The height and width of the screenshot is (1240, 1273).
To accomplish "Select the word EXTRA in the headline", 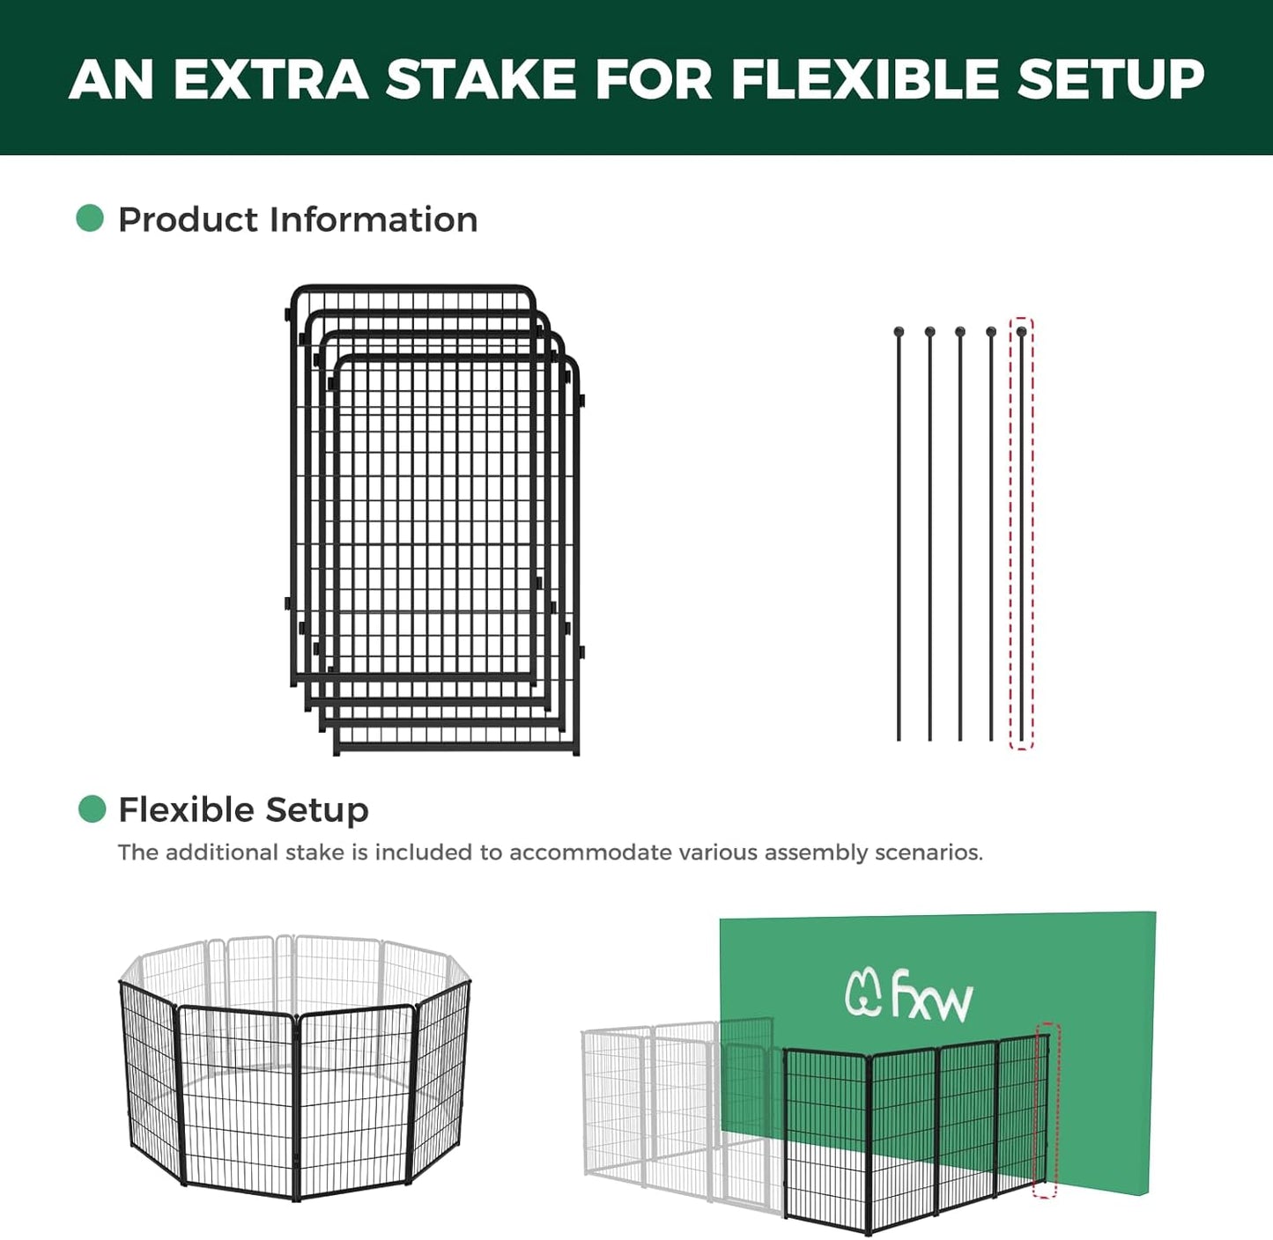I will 270,79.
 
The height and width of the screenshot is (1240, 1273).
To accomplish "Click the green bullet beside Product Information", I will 90,218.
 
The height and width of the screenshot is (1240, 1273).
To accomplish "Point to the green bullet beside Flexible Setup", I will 92,808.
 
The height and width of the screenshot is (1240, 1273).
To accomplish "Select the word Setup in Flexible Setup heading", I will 317,809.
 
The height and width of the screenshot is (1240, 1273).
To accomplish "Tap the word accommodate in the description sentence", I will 590,852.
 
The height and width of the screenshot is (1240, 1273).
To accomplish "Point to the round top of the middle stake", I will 960,332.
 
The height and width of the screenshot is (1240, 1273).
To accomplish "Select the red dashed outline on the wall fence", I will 1046,1110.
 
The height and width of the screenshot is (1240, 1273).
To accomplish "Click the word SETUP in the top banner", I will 1111,79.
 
